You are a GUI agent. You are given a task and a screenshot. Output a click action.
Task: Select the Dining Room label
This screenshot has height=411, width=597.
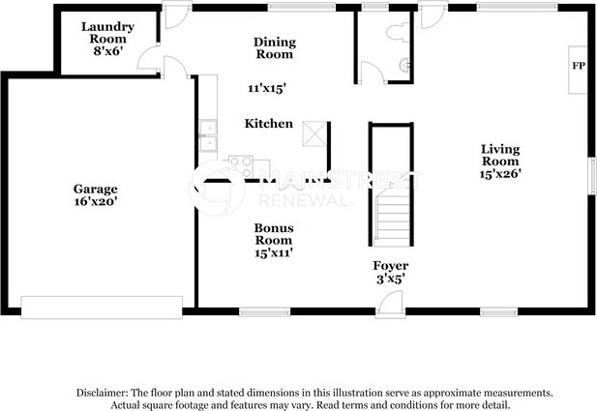[274, 48]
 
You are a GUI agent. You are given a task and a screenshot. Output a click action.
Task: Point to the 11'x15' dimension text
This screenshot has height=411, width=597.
[266, 88]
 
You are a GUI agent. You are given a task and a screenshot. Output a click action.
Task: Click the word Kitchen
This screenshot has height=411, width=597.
[268, 124]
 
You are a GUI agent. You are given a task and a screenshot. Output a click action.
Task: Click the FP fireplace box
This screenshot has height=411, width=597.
[579, 67]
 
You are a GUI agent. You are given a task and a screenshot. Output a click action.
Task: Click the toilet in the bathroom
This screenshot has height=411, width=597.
[395, 33]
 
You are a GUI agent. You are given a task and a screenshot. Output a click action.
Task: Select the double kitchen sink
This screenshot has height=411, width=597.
[207, 136]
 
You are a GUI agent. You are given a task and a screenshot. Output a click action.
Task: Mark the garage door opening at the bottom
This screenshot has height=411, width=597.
[102, 308]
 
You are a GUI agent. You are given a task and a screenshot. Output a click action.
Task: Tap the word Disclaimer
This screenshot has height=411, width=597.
[102, 393]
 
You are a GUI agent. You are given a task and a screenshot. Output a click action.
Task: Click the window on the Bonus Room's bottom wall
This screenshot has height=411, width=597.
[264, 311]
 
